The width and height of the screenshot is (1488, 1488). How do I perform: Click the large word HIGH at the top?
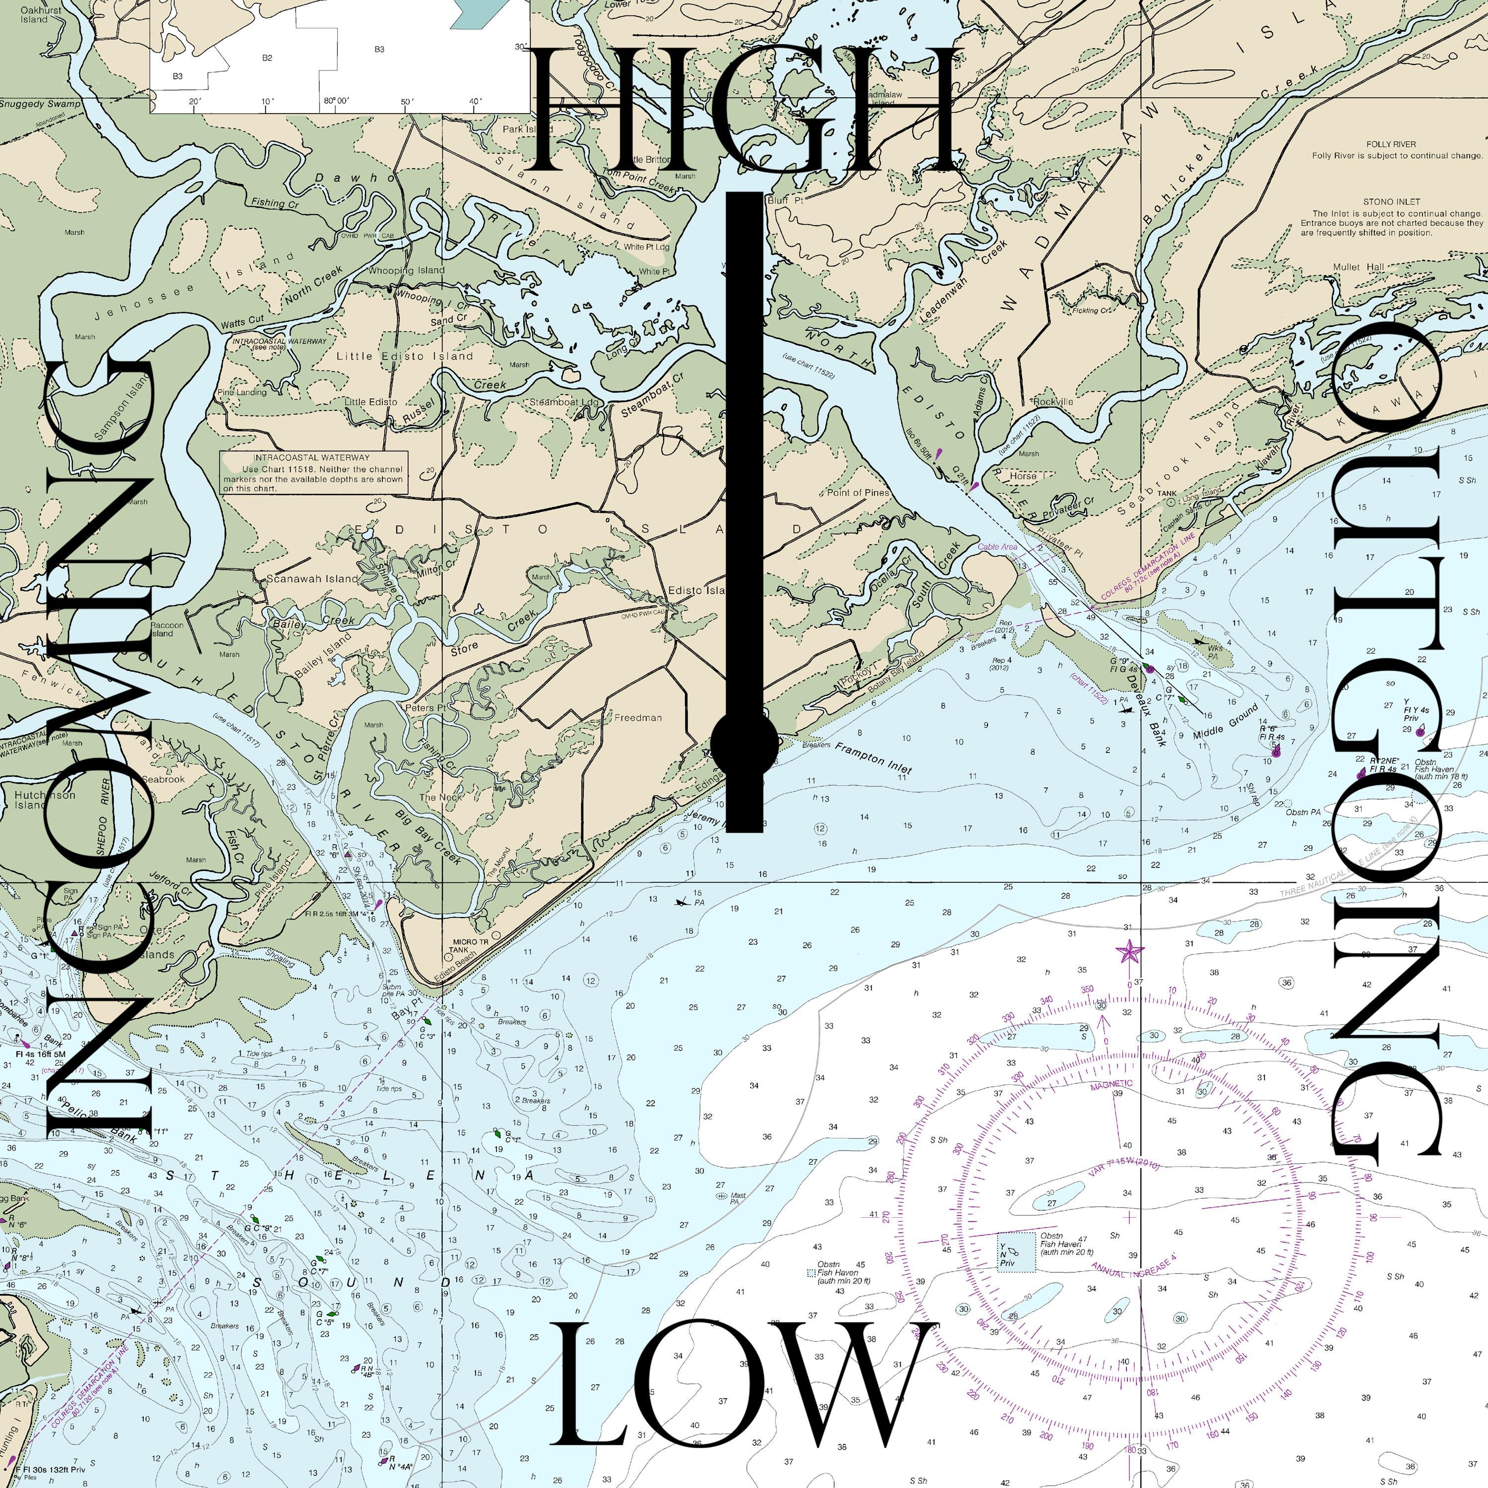click(743, 112)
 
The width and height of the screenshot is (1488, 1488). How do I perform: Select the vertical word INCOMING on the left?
click(100, 743)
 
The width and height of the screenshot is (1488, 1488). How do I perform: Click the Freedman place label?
click(638, 718)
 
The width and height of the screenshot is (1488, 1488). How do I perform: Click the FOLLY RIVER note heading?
click(1391, 144)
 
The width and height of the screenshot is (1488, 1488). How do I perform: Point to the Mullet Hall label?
click(1359, 267)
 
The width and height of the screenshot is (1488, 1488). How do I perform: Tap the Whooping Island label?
click(406, 270)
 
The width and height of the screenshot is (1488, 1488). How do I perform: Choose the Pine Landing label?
click(242, 392)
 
